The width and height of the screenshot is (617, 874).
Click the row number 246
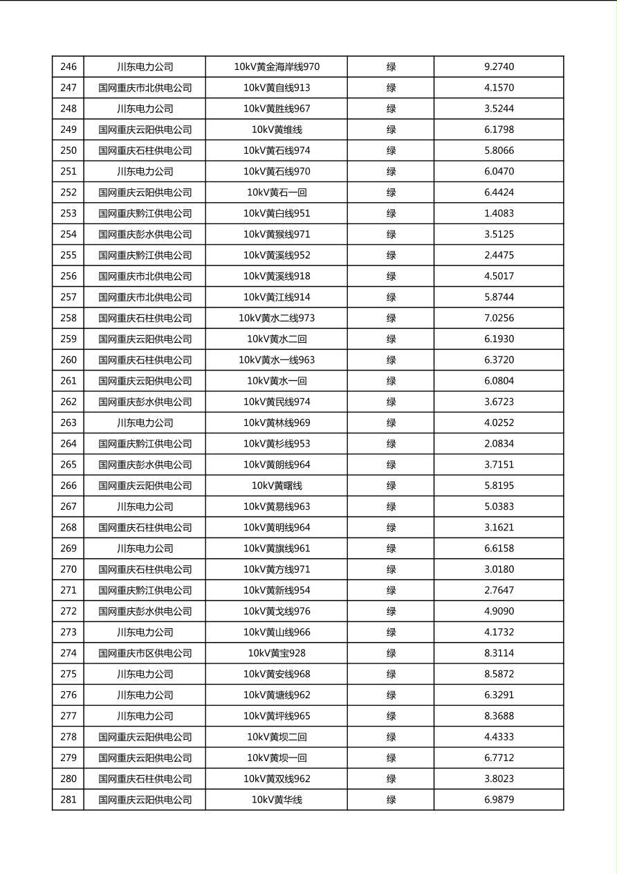tap(68, 67)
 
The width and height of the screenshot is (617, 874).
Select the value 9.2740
tap(499, 67)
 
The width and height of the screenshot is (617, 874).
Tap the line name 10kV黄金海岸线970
tap(277, 67)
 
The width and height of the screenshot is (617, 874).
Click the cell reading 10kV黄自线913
tap(277, 88)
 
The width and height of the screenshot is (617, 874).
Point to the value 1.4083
tap(499, 213)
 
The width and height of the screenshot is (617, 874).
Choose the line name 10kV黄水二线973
tap(277, 318)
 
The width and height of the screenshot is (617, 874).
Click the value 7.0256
tap(499, 318)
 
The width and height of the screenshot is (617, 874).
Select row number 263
tap(68, 422)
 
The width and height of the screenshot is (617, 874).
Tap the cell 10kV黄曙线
tap(277, 485)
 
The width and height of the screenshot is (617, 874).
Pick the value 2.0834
tap(499, 444)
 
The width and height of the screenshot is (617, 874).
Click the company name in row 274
tap(145, 653)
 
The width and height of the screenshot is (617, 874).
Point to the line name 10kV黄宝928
tap(277, 653)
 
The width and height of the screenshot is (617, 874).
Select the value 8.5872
tap(499, 674)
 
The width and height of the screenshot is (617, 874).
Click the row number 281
tap(68, 800)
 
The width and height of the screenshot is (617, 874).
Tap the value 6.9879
tap(499, 800)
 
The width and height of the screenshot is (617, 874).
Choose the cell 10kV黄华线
tap(277, 800)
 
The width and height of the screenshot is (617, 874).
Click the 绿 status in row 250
tap(391, 150)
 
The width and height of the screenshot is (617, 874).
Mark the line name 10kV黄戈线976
tap(277, 612)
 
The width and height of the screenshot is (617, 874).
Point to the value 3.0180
tap(499, 569)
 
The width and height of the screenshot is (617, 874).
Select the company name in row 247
tap(145, 88)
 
